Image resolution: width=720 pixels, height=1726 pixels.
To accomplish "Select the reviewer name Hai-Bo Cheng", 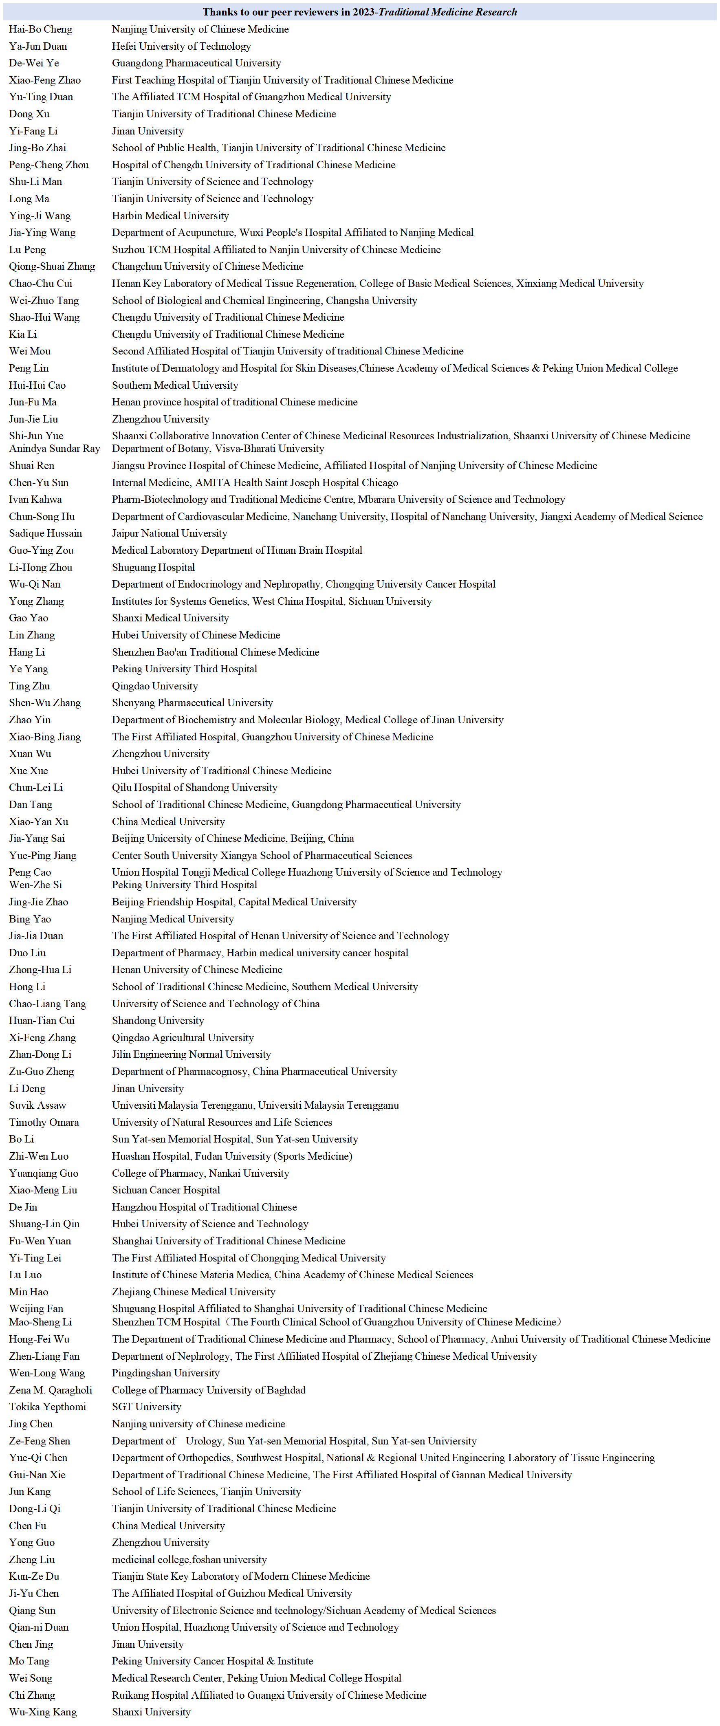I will pyautogui.click(x=41, y=29).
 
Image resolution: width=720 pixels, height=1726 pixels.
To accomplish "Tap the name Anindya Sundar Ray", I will pyautogui.click(x=54, y=448).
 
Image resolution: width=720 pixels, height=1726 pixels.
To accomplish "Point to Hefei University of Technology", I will pyautogui.click(x=181, y=46).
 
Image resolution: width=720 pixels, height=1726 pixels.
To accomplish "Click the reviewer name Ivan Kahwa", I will pyautogui.click(x=35, y=499).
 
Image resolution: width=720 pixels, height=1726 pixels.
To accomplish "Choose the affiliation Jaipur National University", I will pyautogui.click(x=170, y=533).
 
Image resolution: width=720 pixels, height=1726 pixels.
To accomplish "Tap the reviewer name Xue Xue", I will pyautogui.click(x=29, y=771).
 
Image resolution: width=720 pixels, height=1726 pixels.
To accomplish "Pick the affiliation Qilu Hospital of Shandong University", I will pyautogui.click(x=194, y=787).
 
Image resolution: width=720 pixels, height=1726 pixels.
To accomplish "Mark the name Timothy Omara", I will pyautogui.click(x=44, y=1122).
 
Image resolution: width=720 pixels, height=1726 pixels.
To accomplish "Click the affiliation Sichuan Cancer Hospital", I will pyautogui.click(x=165, y=1190).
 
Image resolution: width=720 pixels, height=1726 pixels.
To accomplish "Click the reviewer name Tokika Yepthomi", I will pyautogui.click(x=48, y=1407).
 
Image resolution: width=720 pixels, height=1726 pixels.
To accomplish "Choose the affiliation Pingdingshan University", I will pyautogui.click(x=165, y=1373).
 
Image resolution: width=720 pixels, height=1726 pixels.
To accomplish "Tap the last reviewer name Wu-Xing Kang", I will pyautogui.click(x=43, y=1712).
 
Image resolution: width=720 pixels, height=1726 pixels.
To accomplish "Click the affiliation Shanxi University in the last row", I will pyautogui.click(x=151, y=1712).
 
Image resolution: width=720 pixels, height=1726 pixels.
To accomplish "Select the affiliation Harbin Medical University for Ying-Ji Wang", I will pyautogui.click(x=170, y=216).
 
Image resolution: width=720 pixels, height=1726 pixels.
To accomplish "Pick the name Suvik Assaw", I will pyautogui.click(x=37, y=1105).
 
